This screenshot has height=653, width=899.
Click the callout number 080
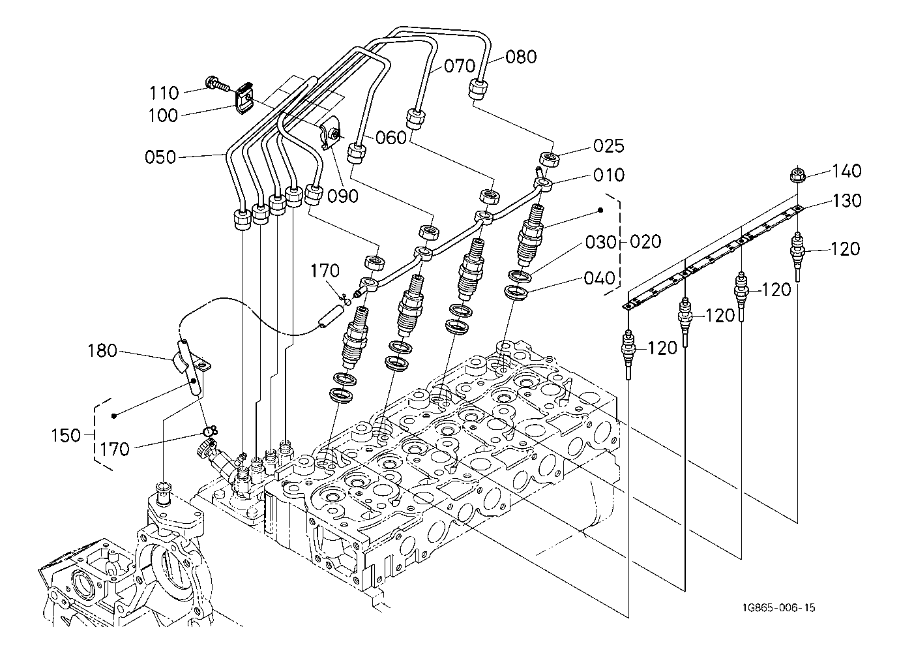coord(521,57)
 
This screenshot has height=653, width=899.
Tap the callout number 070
coord(460,66)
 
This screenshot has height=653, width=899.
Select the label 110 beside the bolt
coord(164,93)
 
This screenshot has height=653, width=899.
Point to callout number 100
coord(163,115)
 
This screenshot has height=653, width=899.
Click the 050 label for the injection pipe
coord(160,157)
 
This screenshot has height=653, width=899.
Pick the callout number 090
coord(343,196)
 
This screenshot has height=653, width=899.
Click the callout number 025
coord(609,146)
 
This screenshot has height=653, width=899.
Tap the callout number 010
coord(609,175)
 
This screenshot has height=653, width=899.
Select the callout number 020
coord(645,242)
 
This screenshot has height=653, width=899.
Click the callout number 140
coord(847,172)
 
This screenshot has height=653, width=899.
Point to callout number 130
coord(847,201)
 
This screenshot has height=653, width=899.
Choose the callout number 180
coord(102,351)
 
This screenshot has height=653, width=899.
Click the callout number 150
coord(66,436)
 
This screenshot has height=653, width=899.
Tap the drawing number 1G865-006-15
coord(778,608)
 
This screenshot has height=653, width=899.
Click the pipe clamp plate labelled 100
coord(244,98)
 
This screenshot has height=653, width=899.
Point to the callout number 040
coord(600,279)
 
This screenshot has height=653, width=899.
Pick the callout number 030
coord(601,243)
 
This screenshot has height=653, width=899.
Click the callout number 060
coord(391,138)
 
